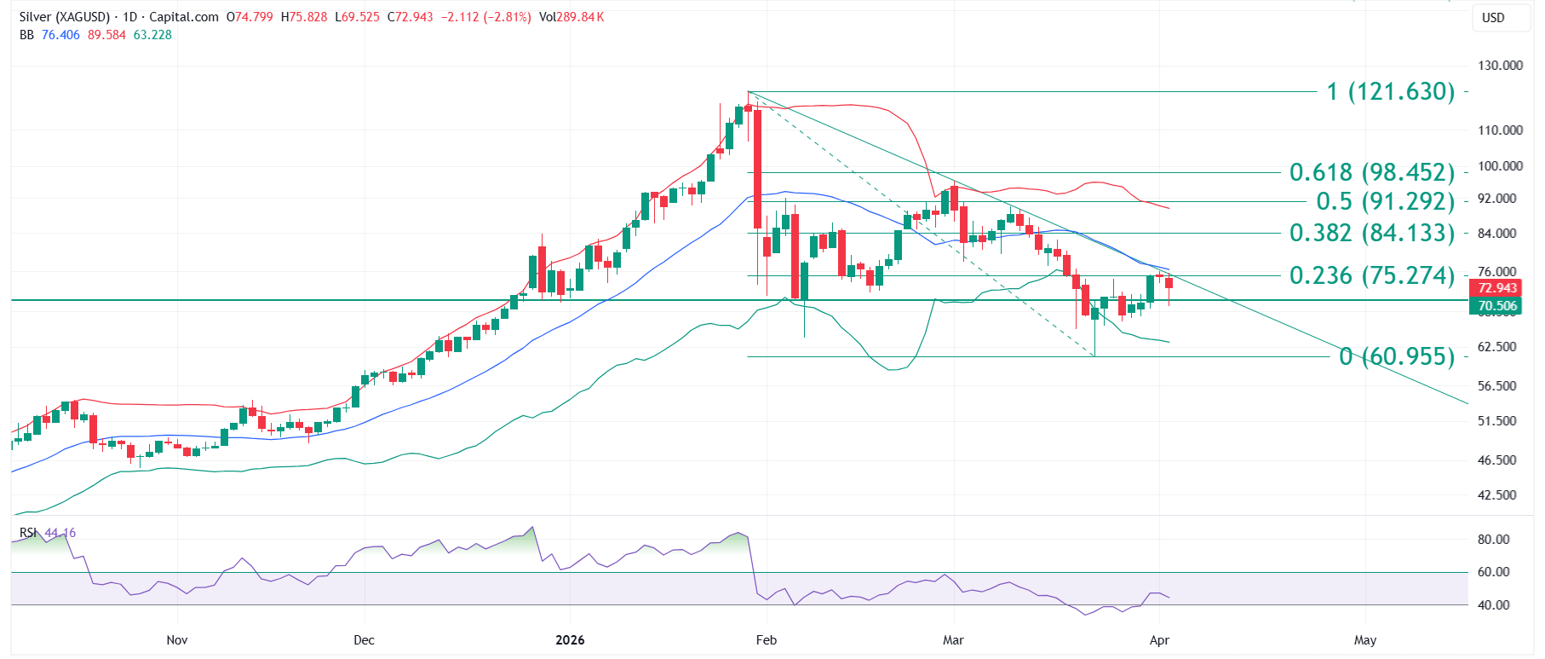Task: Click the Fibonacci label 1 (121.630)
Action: click(1390, 91)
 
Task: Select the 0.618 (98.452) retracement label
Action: click(1371, 172)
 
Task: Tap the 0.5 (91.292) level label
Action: click(1385, 201)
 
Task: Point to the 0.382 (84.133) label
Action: click(1371, 233)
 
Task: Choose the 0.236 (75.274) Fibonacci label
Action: click(1371, 275)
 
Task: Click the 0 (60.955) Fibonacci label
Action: click(1397, 356)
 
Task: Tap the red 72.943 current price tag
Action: click(1497, 288)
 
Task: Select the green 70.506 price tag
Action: click(1497, 306)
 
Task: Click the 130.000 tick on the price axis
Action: click(1500, 66)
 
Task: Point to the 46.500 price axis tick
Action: click(1496, 460)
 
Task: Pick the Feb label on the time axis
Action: click(767, 640)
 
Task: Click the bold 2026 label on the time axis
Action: click(570, 640)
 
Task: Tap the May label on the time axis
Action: click(1364, 640)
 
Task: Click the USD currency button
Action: click(1493, 18)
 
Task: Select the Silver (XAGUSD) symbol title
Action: click(65, 17)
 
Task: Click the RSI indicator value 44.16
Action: click(60, 533)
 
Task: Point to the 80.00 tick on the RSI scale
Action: click(1493, 540)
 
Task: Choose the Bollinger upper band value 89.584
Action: click(106, 35)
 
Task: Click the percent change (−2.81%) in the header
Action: click(508, 17)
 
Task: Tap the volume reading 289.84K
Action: click(580, 17)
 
